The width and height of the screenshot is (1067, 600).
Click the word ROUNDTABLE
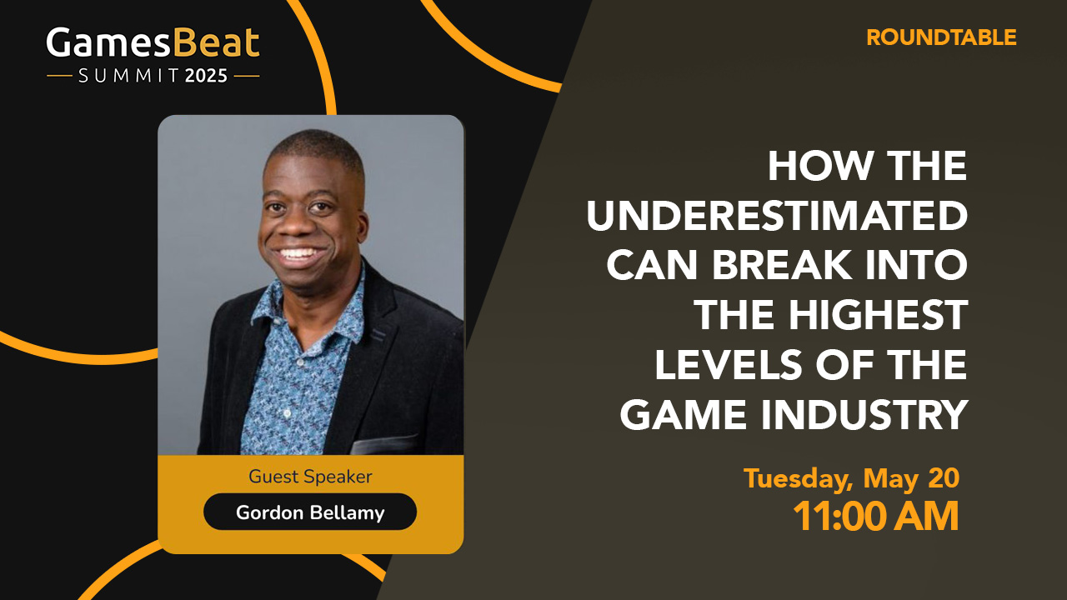[x=941, y=37]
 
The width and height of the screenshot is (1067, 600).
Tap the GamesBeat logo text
[x=153, y=43]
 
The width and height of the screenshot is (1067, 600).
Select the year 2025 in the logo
[x=206, y=76]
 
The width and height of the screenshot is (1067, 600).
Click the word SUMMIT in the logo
[x=129, y=76]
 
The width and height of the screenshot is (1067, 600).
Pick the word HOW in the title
[x=809, y=167]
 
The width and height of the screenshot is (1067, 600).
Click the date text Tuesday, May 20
[x=851, y=478]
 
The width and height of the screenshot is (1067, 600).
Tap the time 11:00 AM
[x=875, y=516]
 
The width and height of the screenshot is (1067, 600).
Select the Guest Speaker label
[x=310, y=477]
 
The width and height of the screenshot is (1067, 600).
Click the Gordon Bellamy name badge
[x=310, y=512]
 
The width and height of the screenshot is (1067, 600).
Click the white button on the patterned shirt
[x=287, y=413]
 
